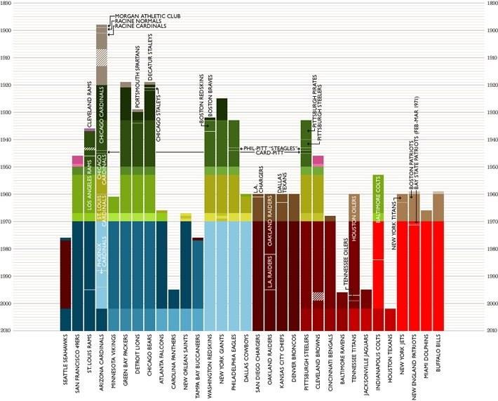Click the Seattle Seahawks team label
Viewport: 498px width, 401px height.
click(65, 362)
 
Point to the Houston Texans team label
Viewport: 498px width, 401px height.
click(390, 361)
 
